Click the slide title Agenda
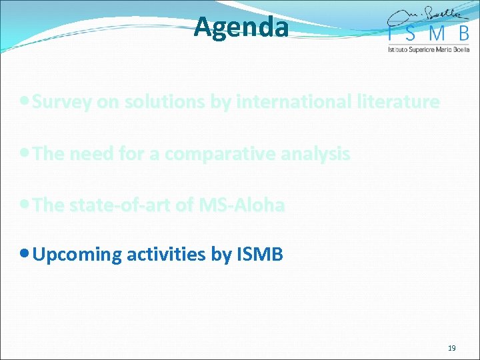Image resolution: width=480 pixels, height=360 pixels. (241, 27)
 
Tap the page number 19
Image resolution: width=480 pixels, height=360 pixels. (451, 349)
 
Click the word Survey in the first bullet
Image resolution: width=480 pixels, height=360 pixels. (62, 102)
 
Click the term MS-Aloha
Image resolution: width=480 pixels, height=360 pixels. (241, 205)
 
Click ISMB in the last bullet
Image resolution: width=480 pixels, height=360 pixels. (260, 255)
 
